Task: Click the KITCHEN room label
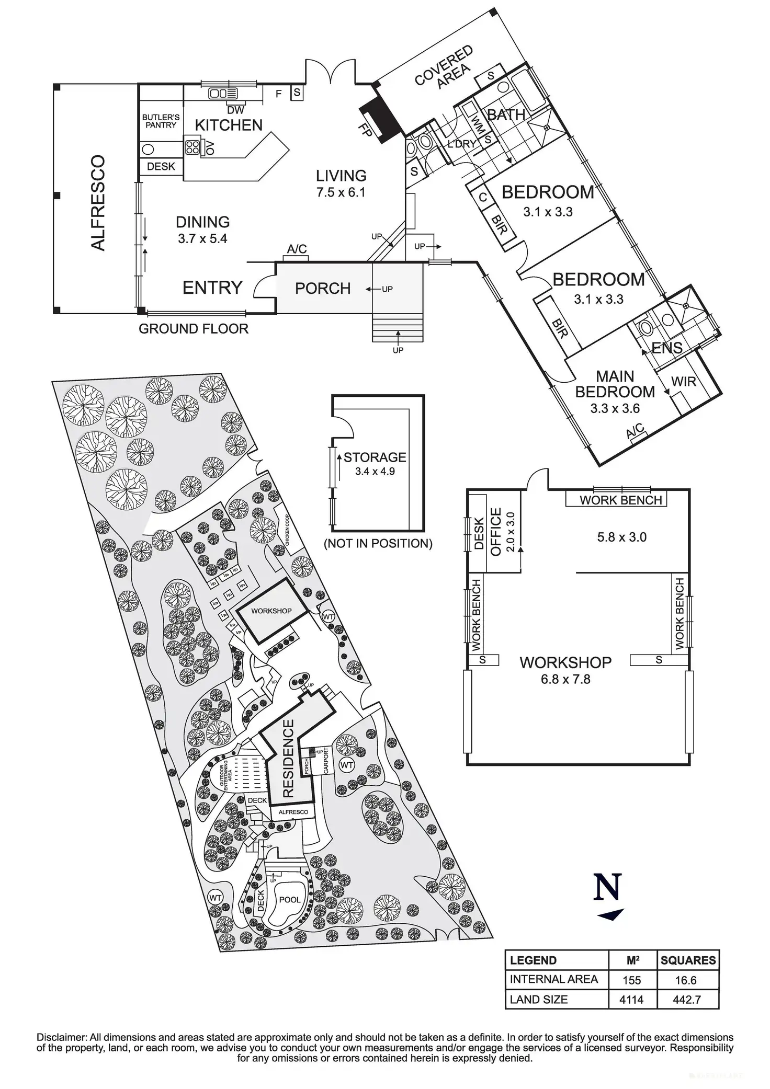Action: tap(229, 125)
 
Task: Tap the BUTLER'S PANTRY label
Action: tap(161, 121)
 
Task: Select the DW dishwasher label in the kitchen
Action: tap(236, 110)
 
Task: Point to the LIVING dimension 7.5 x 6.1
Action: tap(341, 192)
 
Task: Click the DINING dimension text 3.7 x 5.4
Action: tap(202, 239)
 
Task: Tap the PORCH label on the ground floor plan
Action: tap(323, 288)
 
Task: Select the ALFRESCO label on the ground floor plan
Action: tap(98, 203)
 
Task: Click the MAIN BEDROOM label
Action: tap(615, 384)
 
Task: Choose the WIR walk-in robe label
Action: tap(684, 381)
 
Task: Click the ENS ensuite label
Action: tap(667, 348)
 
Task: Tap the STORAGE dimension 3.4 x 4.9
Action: tap(375, 471)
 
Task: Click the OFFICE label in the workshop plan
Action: tap(495, 532)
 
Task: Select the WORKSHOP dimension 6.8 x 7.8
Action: tap(565, 679)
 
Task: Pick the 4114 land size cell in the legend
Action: tap(631, 1000)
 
